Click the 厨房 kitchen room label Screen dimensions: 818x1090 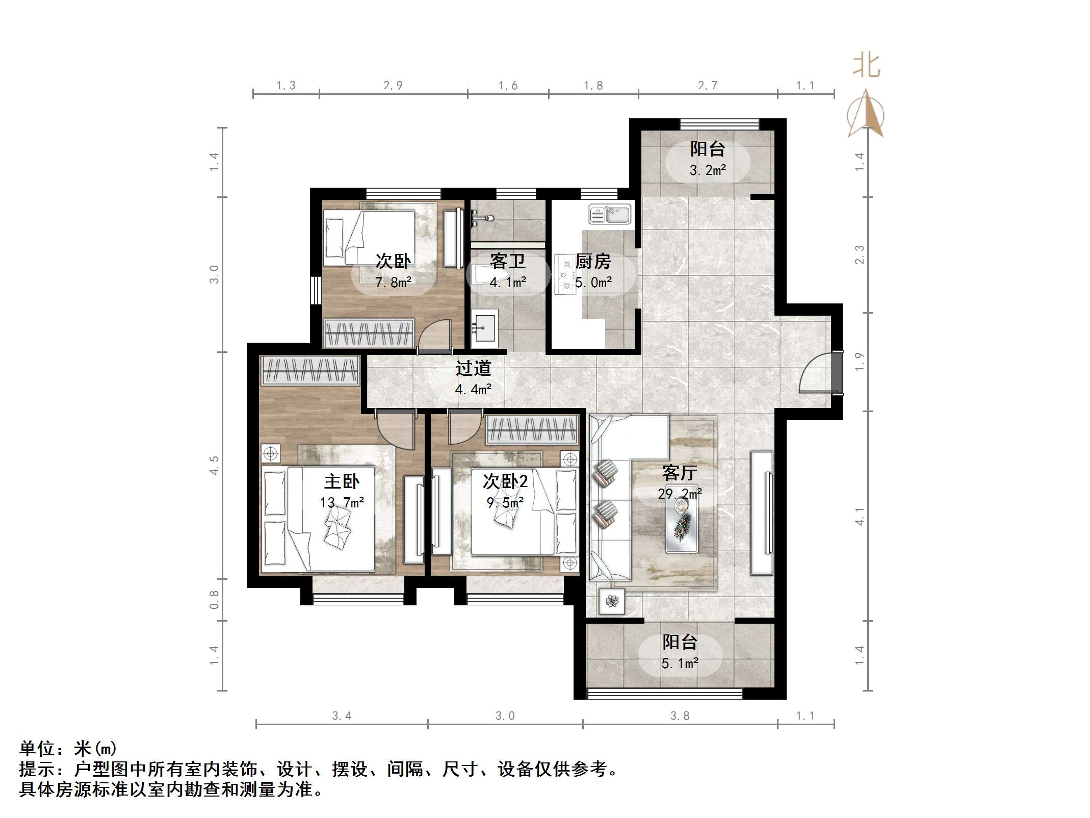593,262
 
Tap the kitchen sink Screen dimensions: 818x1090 610,214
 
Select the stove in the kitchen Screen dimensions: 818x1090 565,274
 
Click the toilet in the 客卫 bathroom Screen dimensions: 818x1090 483,275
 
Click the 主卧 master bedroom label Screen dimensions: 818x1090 342,481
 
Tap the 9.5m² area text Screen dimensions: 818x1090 505,503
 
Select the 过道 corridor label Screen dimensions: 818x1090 473,368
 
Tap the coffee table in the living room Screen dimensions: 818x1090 682,525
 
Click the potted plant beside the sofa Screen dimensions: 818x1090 611,602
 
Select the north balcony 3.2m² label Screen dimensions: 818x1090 708,170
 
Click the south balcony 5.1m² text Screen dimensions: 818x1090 680,663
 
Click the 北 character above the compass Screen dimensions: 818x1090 866,66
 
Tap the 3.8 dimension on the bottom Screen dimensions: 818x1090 680,715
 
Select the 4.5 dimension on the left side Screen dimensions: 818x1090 215,465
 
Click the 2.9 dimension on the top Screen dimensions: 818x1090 393,86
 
